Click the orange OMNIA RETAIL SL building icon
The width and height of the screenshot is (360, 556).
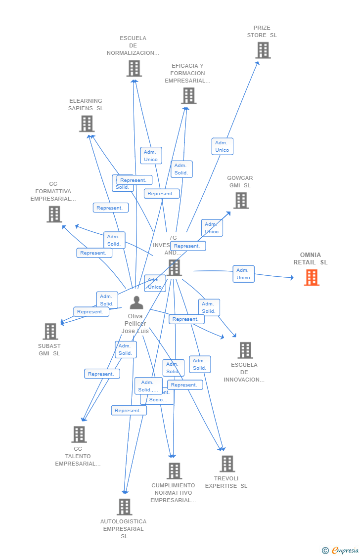(x=312, y=278)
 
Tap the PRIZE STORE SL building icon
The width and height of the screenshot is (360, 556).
(x=263, y=50)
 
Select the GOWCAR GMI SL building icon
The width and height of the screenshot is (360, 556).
(x=241, y=201)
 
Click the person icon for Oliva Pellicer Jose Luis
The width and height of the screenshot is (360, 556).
(x=136, y=302)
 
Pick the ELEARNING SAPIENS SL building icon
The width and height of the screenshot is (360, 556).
(x=87, y=124)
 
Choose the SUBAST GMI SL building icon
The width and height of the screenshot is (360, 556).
(x=50, y=331)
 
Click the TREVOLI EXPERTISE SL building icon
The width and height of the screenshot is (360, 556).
(x=227, y=464)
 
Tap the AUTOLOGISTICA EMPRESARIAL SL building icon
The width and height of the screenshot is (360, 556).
(x=124, y=507)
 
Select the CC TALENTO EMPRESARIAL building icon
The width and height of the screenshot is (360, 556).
(x=79, y=434)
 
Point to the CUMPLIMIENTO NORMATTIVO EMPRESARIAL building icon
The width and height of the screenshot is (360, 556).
(x=174, y=471)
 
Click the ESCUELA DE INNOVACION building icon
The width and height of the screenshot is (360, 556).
(x=245, y=350)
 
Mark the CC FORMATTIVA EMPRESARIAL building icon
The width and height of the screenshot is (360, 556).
(x=54, y=214)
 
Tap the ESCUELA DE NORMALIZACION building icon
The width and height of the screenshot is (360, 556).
(x=134, y=68)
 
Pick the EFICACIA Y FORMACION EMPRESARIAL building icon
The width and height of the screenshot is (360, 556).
(x=188, y=96)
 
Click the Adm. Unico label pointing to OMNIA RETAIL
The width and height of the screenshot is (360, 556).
(x=243, y=274)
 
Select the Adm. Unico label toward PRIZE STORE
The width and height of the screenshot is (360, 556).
(x=222, y=146)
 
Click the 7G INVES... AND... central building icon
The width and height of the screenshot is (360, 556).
(x=174, y=267)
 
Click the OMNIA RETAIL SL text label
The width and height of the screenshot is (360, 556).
(x=311, y=258)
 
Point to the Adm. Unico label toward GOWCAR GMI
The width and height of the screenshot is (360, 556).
(x=212, y=228)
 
